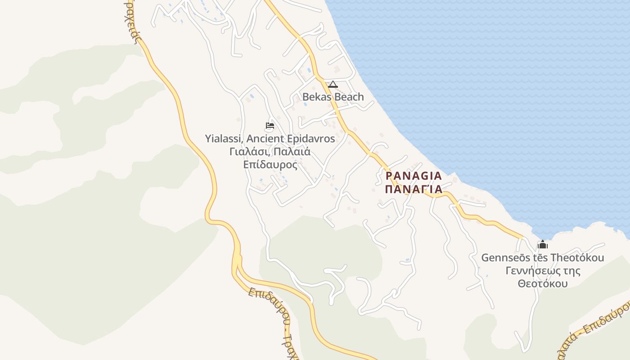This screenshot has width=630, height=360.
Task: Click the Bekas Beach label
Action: tap(333, 97)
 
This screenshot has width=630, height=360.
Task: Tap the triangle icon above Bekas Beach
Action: tap(333, 84)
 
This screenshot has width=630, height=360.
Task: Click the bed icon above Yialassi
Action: tap(270, 126)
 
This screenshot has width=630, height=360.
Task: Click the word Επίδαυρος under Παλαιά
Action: tap(270, 165)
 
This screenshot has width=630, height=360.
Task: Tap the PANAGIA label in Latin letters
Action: tap(414, 176)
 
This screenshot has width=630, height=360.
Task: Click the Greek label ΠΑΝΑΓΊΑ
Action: tap(414, 189)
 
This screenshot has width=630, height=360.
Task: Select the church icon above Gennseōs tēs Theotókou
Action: tap(543, 245)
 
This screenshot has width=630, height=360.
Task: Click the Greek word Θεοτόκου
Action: tap(542, 284)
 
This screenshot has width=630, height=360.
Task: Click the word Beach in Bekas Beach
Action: tap(349, 97)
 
